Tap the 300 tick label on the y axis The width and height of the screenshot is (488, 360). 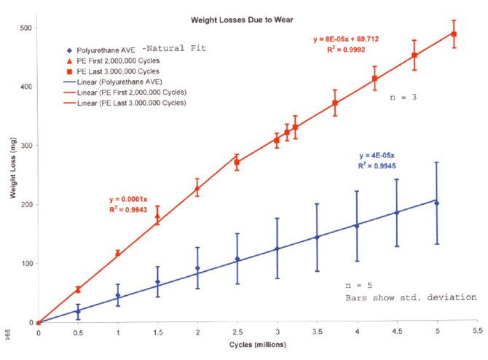[x=27, y=146]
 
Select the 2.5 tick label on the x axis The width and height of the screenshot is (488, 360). [x=237, y=332]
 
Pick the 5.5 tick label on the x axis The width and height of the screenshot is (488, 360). [x=476, y=332]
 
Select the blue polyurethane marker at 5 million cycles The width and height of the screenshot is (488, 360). [x=436, y=203]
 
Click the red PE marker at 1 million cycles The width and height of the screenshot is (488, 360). [x=118, y=253]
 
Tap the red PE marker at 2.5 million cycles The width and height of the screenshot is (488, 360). [x=237, y=163]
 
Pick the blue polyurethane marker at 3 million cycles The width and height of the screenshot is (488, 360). [x=277, y=249]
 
